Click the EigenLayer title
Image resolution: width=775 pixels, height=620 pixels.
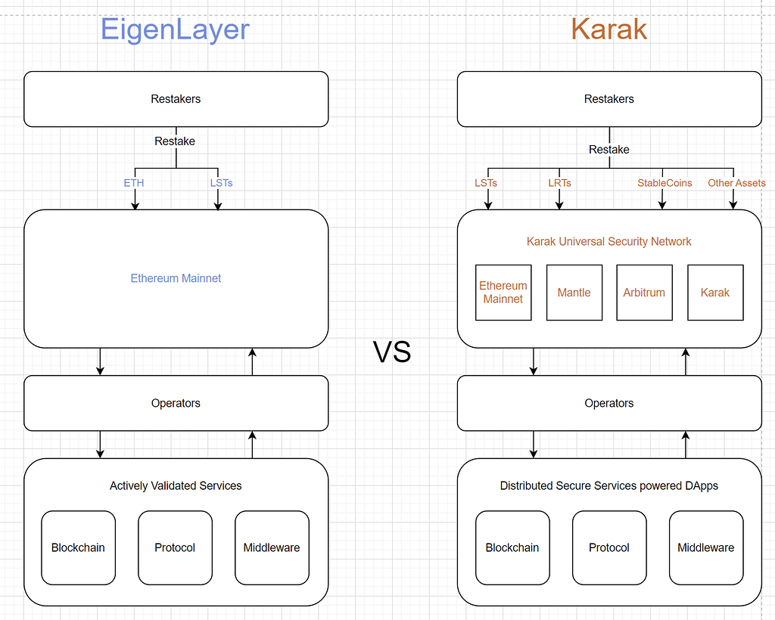tap(175, 29)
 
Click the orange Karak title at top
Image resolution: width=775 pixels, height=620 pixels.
tap(609, 29)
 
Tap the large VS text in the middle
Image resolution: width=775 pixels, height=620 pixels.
tap(392, 352)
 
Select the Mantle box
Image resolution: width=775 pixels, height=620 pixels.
tap(574, 293)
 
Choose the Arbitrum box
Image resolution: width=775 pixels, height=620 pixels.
tap(644, 293)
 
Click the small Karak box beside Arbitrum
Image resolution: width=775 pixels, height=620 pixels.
tap(715, 293)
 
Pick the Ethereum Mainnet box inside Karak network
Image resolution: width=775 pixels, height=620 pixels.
tap(503, 293)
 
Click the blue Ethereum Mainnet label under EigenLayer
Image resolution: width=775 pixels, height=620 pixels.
tap(176, 278)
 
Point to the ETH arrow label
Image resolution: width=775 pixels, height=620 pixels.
tap(134, 183)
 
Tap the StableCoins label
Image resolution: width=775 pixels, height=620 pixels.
tap(665, 183)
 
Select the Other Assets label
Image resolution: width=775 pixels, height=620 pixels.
tap(736, 183)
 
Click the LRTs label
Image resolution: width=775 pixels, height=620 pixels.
tap(559, 183)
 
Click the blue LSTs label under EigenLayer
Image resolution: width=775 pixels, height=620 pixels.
tap(221, 183)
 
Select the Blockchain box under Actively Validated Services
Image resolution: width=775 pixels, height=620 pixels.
tap(78, 547)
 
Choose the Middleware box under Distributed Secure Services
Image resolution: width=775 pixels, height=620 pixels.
tap(705, 547)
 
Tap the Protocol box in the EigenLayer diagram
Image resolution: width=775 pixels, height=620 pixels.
tap(175, 547)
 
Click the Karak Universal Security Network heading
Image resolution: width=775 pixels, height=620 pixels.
tap(609, 241)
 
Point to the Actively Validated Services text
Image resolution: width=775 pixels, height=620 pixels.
tap(176, 485)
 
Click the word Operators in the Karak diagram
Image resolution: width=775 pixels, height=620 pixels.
tap(609, 403)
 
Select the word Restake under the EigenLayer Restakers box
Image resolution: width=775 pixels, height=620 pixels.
tap(175, 141)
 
